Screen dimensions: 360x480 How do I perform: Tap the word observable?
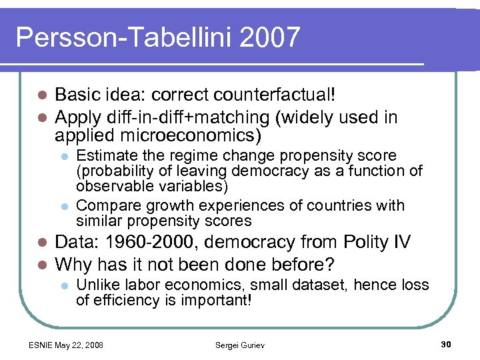coord(111,186)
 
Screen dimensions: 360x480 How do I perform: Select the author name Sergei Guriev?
coord(239,345)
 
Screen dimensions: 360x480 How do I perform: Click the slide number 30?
coord(446,344)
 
